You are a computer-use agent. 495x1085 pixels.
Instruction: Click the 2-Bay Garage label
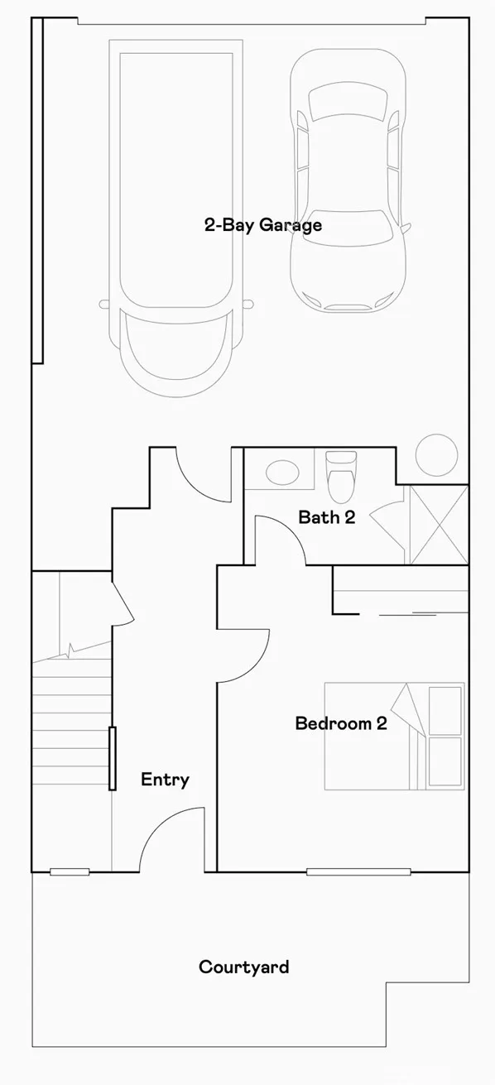(262, 225)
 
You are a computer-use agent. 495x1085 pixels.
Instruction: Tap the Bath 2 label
(326, 517)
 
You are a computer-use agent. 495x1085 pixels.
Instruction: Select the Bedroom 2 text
(341, 723)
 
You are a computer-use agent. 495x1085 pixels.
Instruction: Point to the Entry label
(165, 780)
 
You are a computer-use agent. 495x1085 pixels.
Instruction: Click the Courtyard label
(243, 967)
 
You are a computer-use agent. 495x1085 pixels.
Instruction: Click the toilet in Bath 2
(340, 478)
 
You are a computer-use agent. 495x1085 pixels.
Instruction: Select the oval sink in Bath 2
(282, 473)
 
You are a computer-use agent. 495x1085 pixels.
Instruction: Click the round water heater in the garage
(435, 454)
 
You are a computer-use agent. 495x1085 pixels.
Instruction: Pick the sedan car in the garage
(348, 178)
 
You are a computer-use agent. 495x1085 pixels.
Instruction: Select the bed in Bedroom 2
(393, 736)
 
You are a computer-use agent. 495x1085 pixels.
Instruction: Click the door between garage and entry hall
(203, 476)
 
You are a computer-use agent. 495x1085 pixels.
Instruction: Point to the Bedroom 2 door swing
(243, 654)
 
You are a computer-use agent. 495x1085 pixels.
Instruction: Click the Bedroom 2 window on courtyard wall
(358, 871)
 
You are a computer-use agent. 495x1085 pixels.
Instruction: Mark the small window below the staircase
(70, 871)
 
